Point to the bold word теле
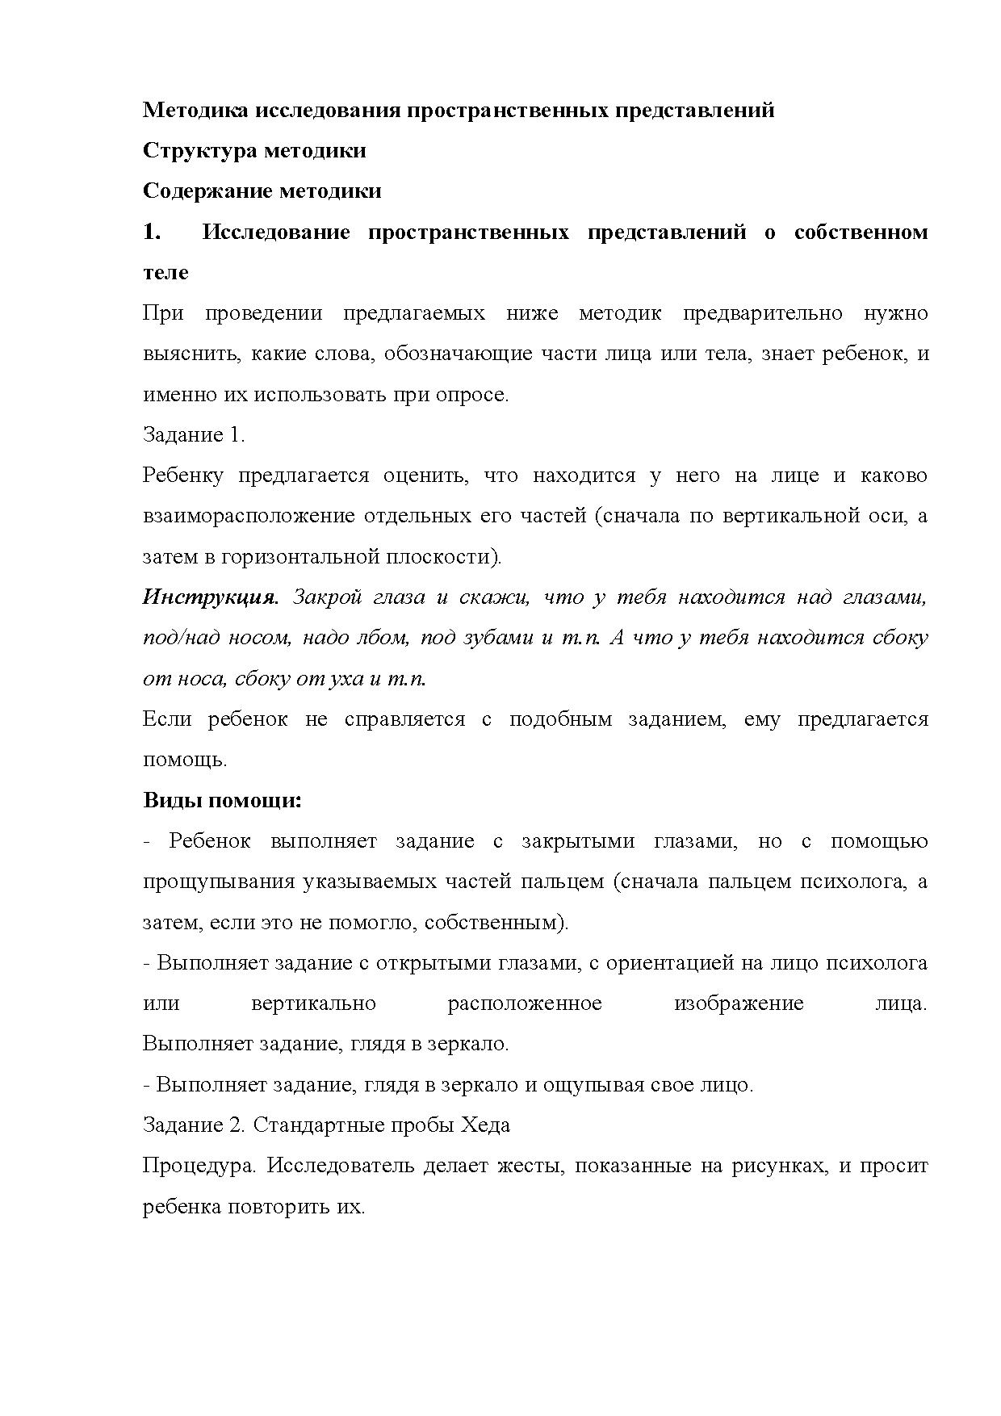click(165, 273)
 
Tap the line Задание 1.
click(194, 435)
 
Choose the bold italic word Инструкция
click(211, 597)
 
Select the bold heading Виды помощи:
click(222, 801)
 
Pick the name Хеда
click(485, 1125)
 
